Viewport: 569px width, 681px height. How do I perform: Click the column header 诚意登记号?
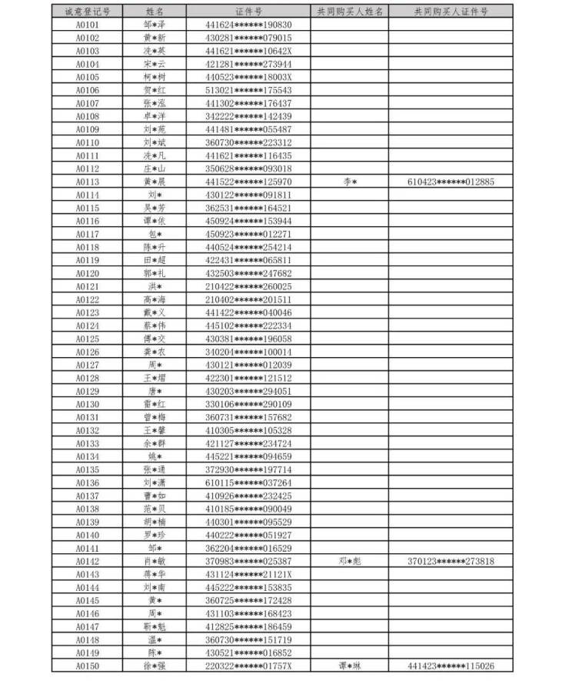88,12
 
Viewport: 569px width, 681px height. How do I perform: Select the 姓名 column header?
155,12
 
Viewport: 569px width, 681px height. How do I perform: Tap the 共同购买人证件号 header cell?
451,12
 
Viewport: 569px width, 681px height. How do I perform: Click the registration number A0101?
88,25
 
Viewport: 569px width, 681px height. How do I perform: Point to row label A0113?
88,182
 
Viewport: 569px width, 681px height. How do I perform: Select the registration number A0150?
88,666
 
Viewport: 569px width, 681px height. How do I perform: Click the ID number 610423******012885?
451,182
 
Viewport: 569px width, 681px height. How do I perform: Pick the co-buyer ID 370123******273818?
451,561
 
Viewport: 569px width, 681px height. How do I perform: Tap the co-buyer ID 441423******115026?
451,666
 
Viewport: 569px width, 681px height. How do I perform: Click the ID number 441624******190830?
248,25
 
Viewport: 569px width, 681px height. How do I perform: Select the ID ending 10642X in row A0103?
248,51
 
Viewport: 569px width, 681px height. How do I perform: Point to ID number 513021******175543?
248,90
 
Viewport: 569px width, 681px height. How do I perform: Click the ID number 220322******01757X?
248,666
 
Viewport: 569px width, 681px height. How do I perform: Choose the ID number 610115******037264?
248,482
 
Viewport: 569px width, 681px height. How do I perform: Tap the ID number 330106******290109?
248,404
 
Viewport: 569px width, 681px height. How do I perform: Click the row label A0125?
88,339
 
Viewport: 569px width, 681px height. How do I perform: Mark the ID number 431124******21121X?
248,574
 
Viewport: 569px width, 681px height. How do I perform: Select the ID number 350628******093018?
248,169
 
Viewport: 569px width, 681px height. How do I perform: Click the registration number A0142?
88,561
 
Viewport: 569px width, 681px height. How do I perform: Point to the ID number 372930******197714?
248,469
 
